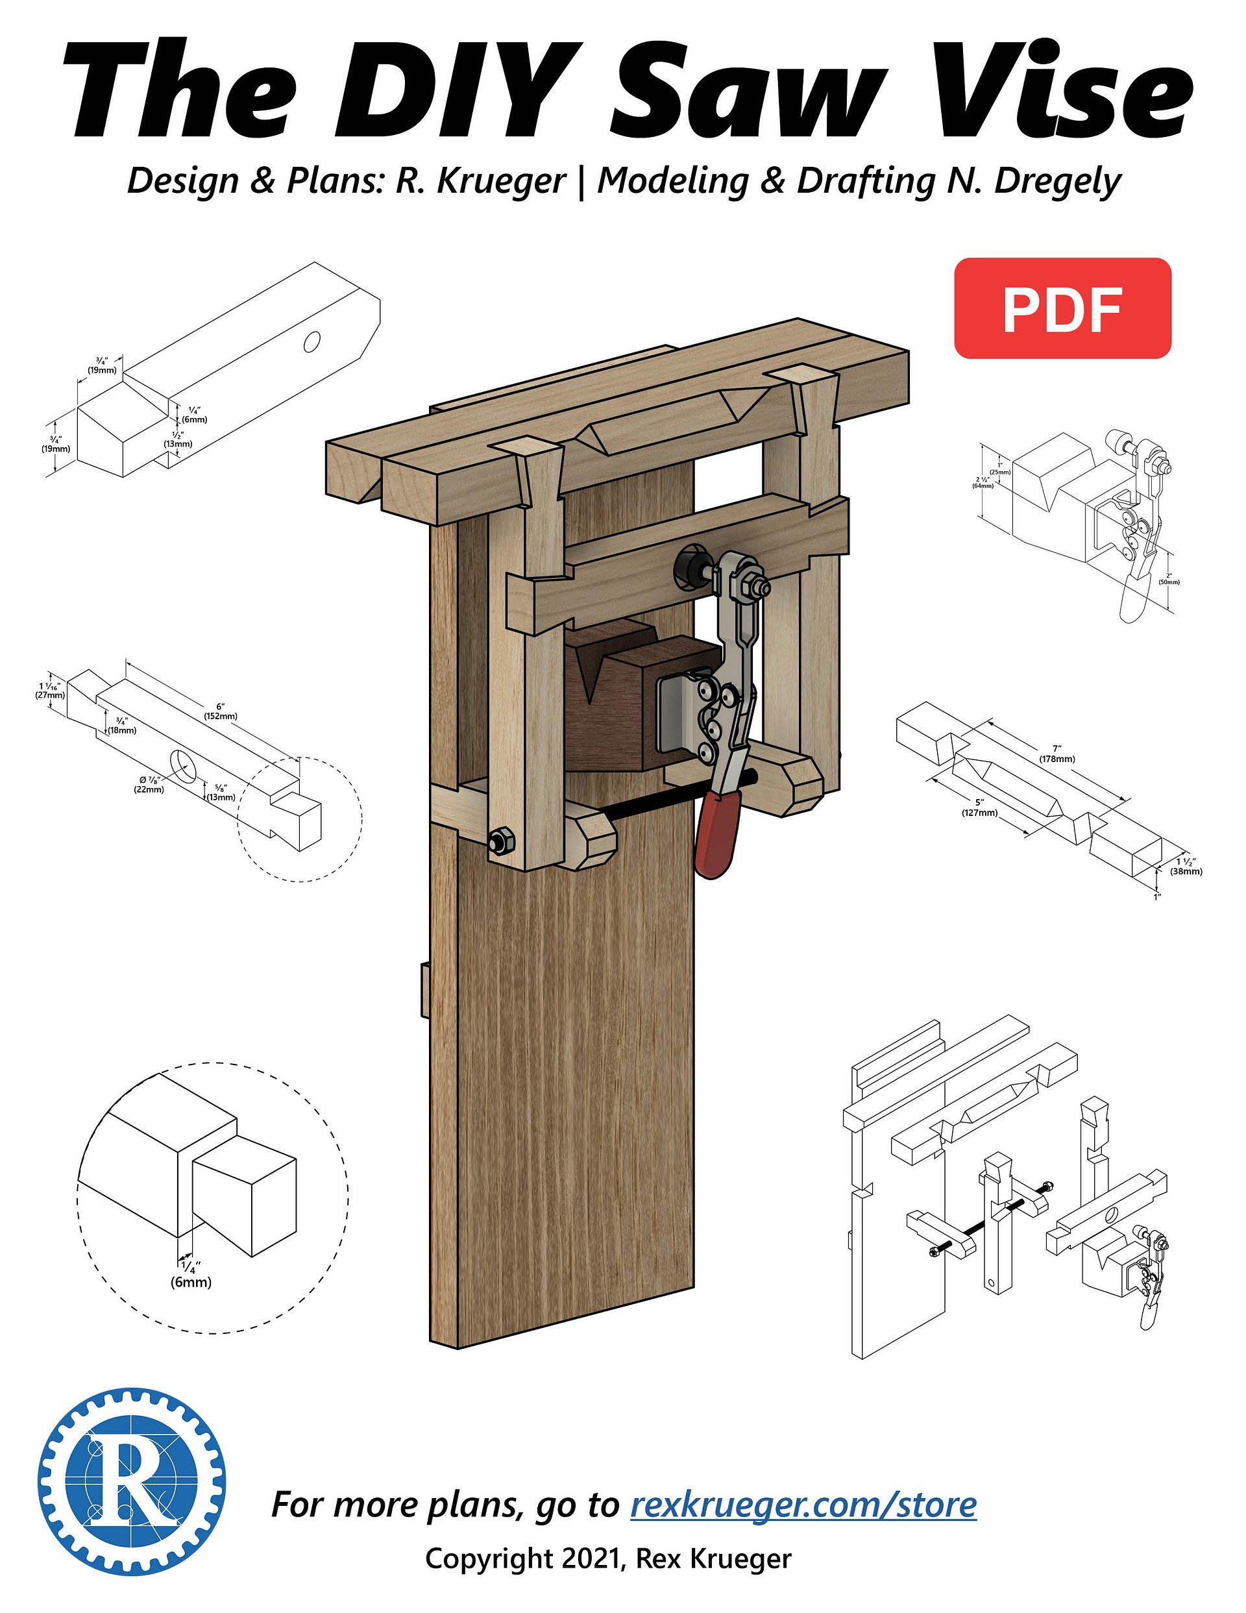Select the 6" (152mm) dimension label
click(220, 711)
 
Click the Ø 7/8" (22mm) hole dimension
click(150, 784)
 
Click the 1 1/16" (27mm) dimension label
click(50, 690)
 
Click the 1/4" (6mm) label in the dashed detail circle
click(191, 1275)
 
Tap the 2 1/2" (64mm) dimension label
click(983, 482)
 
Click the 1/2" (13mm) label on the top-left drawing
click(178, 439)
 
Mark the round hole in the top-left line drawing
click(311, 341)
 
